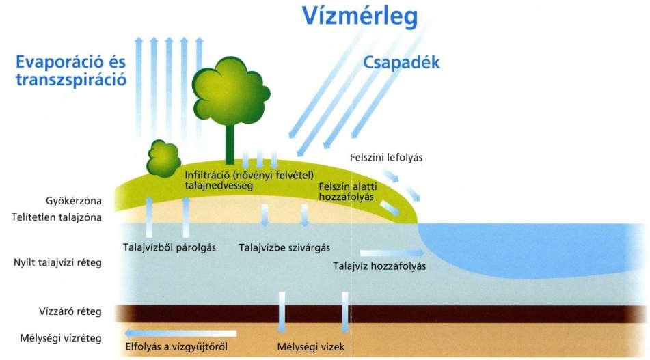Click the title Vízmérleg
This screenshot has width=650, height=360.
point(360,17)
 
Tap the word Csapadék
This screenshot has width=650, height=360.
point(401,63)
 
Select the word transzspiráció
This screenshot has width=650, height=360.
point(71,80)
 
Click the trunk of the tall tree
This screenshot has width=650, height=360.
point(230,143)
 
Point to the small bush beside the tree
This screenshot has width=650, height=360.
point(163,158)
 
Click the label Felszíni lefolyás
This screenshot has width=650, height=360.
point(386,157)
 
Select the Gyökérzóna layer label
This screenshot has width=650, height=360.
point(74,201)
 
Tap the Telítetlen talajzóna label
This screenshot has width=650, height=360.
point(56,217)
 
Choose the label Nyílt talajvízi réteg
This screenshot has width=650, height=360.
point(57,262)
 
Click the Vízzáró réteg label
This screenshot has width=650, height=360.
point(70,311)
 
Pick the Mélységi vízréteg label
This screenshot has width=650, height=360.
point(61,338)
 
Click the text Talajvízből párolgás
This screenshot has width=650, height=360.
point(169,248)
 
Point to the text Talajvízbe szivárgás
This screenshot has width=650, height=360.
point(284,248)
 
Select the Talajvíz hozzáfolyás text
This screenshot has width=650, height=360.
point(379,266)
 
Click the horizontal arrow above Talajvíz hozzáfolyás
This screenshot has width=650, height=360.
point(392,253)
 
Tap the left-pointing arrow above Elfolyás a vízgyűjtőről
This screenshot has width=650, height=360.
point(180,333)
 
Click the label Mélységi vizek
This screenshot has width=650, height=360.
point(310,347)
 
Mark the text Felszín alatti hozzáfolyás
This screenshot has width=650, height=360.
point(347,191)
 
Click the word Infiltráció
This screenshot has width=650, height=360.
point(206,176)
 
